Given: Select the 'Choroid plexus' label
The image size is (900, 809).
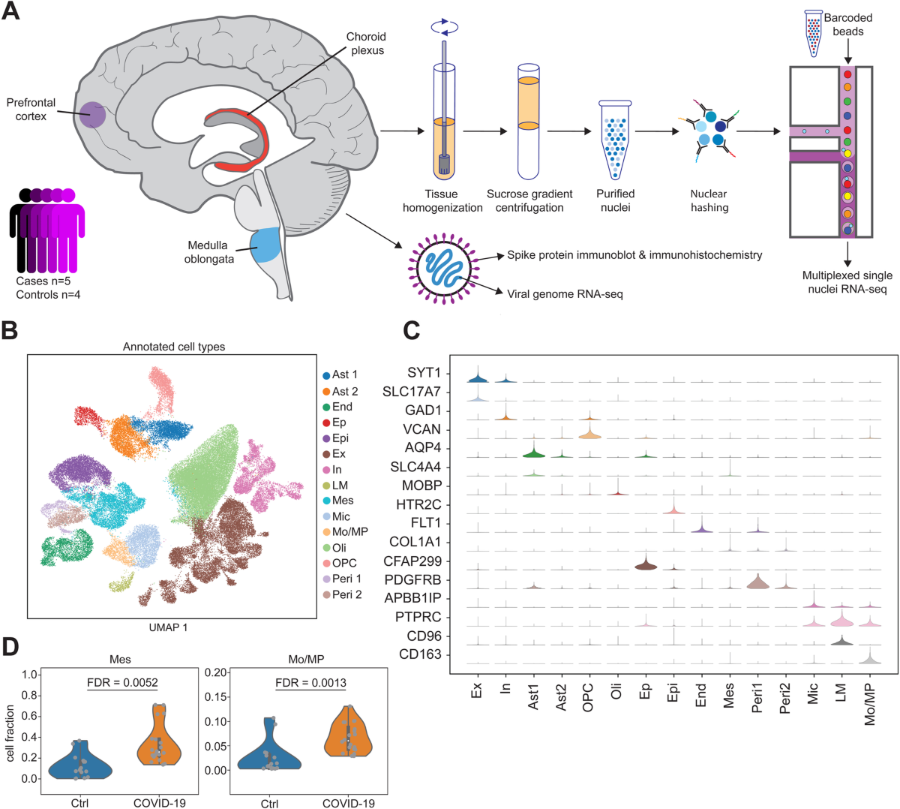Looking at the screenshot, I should pyautogui.click(x=366, y=44).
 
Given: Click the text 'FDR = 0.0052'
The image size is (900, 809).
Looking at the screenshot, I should pyautogui.click(x=122, y=682).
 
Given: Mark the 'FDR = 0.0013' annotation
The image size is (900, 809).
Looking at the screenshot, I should pyautogui.click(x=310, y=682).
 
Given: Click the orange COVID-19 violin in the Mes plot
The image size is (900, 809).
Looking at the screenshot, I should pyautogui.click(x=156, y=739).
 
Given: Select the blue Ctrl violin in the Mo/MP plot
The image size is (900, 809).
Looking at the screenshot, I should pyautogui.click(x=269, y=750).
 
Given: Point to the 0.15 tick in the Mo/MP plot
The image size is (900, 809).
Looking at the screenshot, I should pyautogui.click(x=217, y=696).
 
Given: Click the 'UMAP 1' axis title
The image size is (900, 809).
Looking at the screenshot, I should pyautogui.click(x=169, y=627).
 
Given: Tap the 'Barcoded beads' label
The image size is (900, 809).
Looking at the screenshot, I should pyautogui.click(x=847, y=25).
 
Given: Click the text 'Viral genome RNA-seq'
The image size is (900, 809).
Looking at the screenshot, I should pyautogui.click(x=565, y=294).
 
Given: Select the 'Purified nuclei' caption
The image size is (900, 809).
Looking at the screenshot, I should pyautogui.click(x=615, y=200).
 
